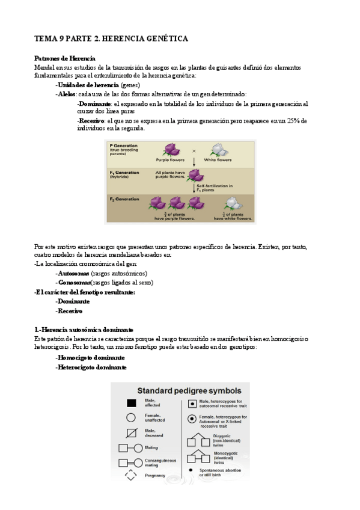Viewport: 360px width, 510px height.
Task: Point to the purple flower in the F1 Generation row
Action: pyautogui.click(x=195, y=175)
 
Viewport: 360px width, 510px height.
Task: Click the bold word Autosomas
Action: pyautogui.click(x=77, y=273)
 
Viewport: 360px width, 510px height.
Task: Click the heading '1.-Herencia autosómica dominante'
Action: pyautogui.click(x=84, y=330)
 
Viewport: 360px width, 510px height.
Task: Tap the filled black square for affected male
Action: pyautogui.click(x=130, y=403)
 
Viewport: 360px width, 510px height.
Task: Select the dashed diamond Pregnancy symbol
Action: pyautogui.click(x=130, y=475)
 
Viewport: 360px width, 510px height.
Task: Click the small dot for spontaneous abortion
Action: pyautogui.click(x=191, y=469)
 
